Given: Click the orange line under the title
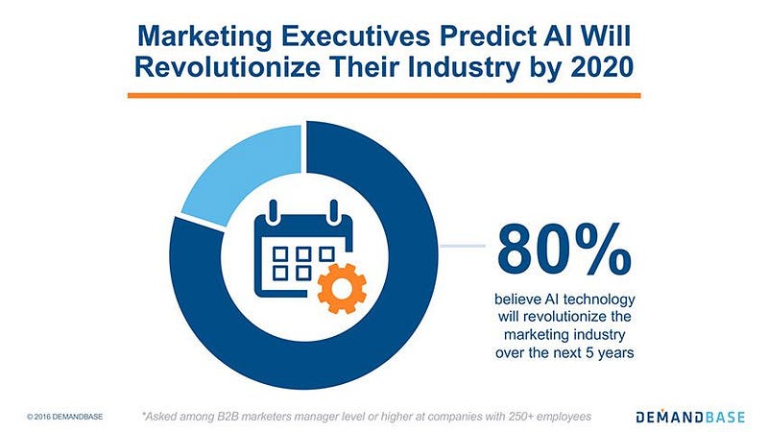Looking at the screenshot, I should [384, 94].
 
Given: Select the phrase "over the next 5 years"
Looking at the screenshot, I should [564, 351].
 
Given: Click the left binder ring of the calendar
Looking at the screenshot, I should [274, 208].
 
